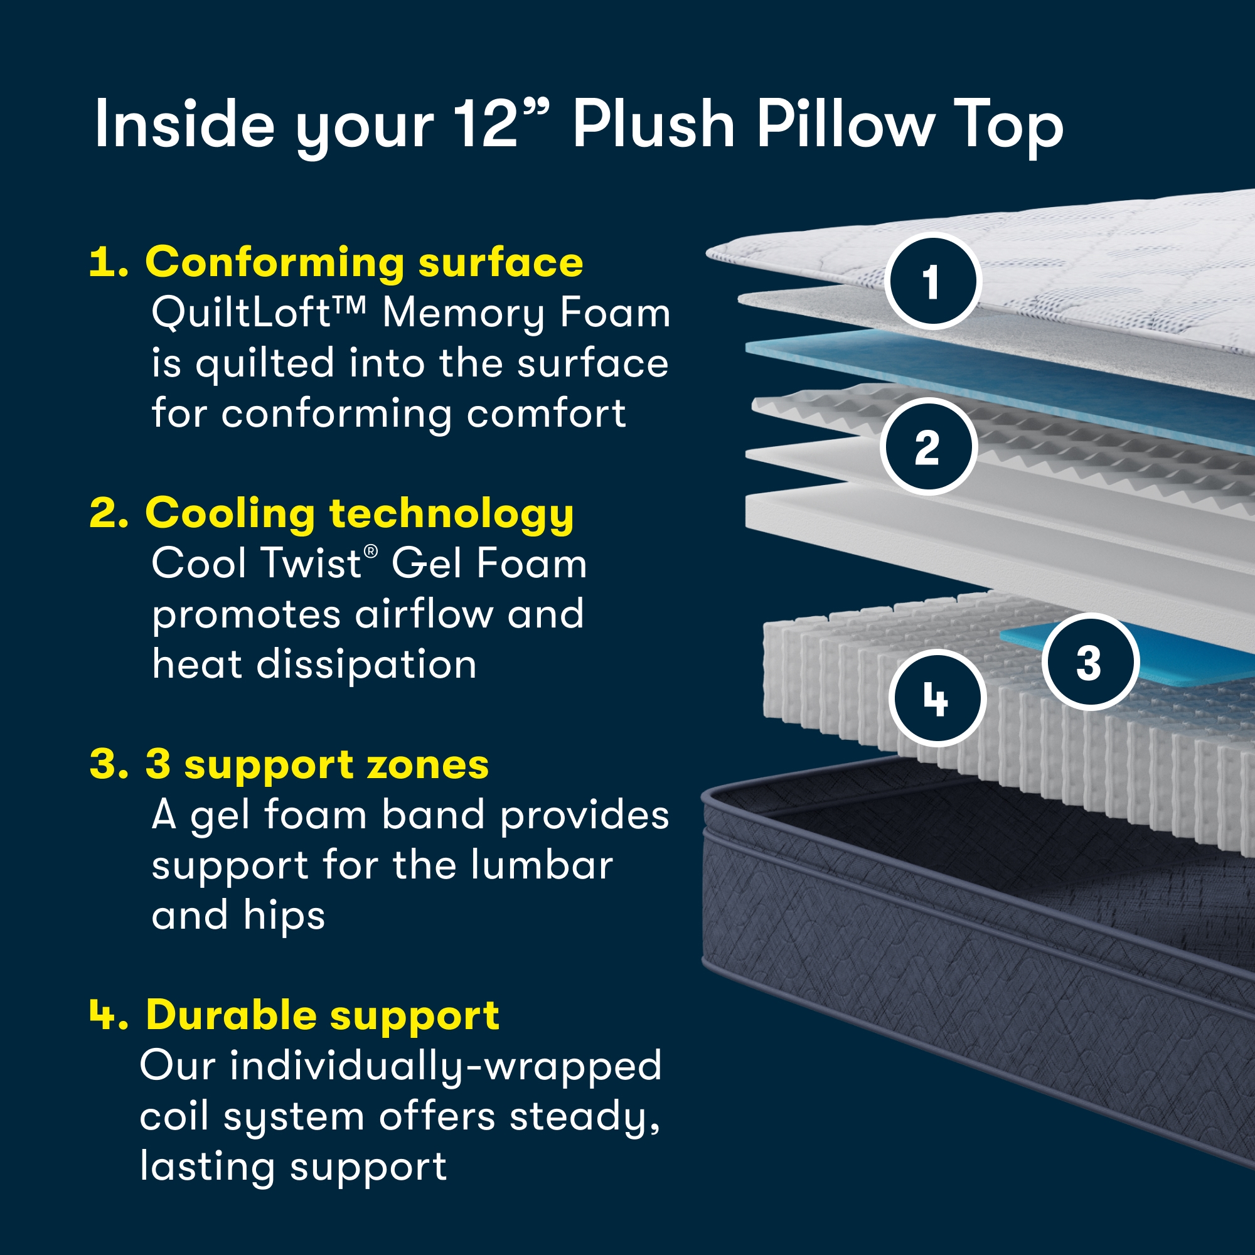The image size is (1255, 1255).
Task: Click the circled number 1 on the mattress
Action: pyautogui.click(x=933, y=280)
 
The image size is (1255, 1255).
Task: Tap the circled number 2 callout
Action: pyautogui.click(x=928, y=447)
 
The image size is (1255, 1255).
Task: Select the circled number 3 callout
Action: pyautogui.click(x=1090, y=662)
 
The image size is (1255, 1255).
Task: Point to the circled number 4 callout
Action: pyautogui.click(x=937, y=698)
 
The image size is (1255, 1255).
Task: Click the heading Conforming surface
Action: pyautogui.click(x=364, y=262)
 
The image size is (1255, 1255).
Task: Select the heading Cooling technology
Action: pyautogui.click(x=359, y=514)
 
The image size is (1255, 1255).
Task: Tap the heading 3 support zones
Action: pyautogui.click(x=317, y=764)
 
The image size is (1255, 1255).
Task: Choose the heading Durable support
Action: pyautogui.click(x=322, y=1015)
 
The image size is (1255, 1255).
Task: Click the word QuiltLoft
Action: pyautogui.click(x=242, y=313)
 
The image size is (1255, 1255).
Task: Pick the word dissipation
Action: pyautogui.click(x=366, y=665)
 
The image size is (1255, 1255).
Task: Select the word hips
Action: pyautogui.click(x=284, y=916)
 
